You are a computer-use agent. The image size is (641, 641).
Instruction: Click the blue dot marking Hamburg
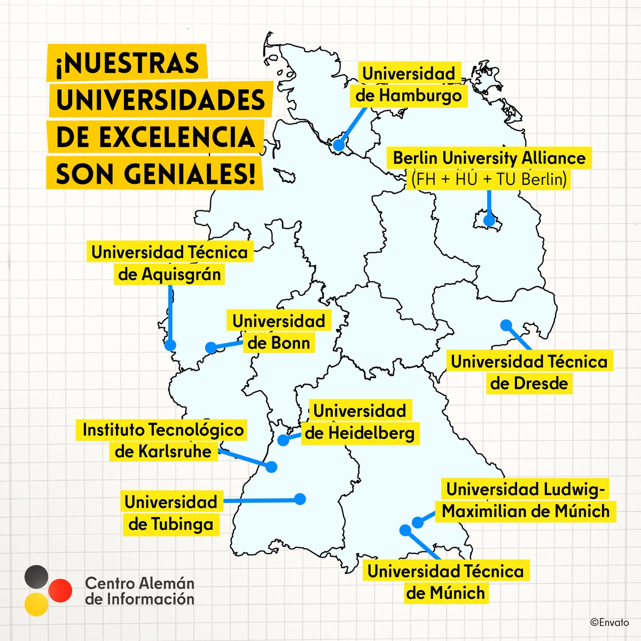point(339,145)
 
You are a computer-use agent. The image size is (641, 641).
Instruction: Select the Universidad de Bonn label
point(279,332)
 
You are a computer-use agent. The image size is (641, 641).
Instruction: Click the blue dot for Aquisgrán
point(170,345)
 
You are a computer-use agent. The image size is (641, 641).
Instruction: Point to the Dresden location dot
point(506,324)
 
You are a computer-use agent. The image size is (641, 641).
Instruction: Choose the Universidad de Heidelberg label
point(359,421)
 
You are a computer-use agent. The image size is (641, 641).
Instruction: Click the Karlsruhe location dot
point(271,466)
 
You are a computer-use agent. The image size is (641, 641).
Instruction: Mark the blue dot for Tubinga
point(300,499)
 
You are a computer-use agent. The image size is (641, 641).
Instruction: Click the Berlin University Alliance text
point(489,158)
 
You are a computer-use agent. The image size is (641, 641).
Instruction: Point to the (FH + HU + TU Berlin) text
point(489,179)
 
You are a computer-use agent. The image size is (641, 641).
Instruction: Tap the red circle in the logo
point(59,590)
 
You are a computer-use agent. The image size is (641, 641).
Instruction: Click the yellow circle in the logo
point(36,604)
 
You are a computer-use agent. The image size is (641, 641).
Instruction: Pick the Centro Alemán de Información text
point(139,590)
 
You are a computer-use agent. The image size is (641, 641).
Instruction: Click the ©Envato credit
point(609,622)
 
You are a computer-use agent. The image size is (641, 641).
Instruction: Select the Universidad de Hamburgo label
point(409,84)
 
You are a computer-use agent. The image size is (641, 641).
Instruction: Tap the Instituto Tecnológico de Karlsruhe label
point(163,440)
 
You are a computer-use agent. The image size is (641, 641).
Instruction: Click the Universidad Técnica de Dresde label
point(529,372)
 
